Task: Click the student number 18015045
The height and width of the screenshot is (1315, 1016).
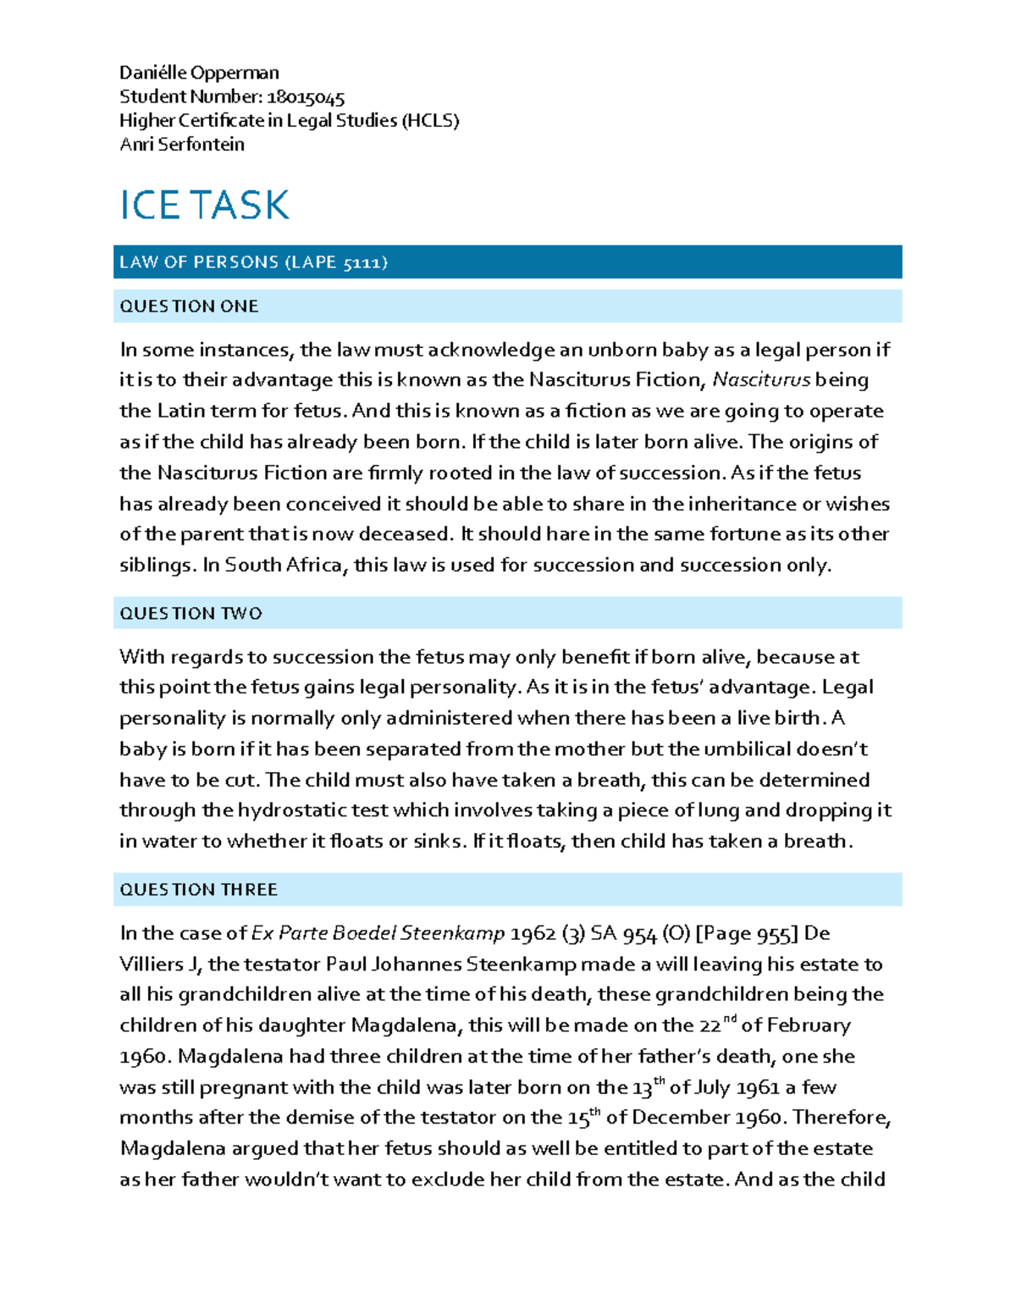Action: (x=306, y=97)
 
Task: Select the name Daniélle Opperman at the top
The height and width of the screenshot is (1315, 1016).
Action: (x=199, y=73)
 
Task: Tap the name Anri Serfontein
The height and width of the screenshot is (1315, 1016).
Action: (x=182, y=145)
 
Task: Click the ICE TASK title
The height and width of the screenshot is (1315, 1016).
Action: (x=204, y=206)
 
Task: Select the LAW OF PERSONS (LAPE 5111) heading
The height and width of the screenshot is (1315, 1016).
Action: (x=253, y=262)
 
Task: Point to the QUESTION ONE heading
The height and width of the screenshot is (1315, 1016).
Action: (x=189, y=307)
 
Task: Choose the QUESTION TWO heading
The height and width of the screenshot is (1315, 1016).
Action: (x=190, y=613)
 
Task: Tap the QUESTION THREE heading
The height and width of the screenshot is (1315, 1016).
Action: (x=198, y=890)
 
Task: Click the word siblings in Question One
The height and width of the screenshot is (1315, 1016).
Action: (x=156, y=565)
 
